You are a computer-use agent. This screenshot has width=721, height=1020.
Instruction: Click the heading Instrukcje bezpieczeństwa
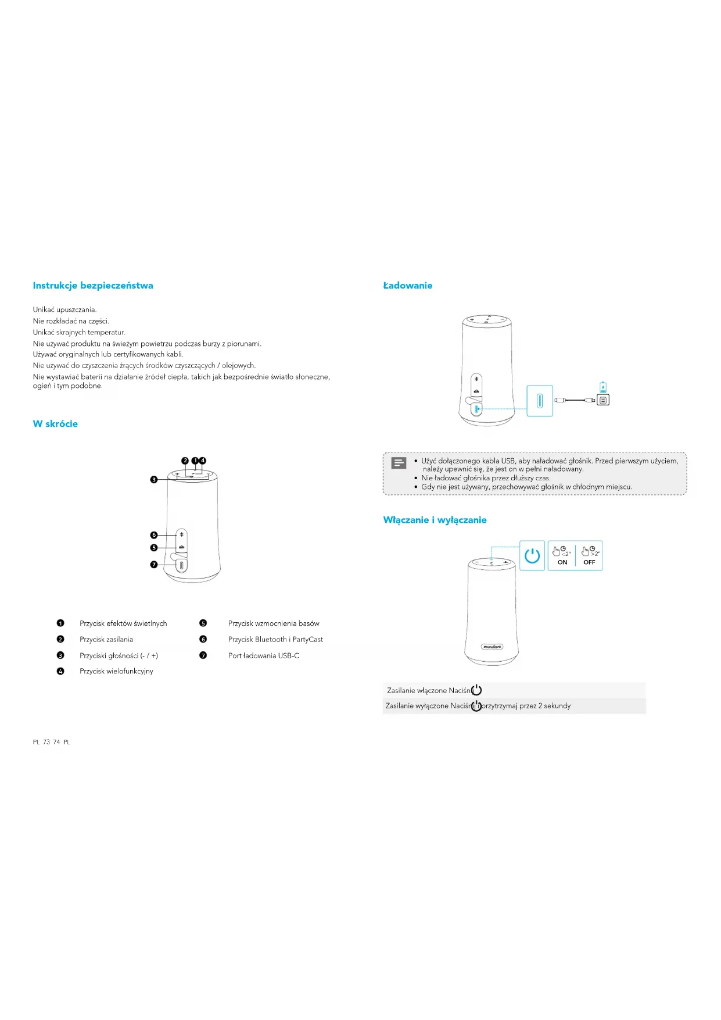(x=93, y=286)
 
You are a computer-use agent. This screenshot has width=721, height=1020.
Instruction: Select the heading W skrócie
(x=55, y=424)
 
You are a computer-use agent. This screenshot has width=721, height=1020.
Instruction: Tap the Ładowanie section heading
(x=407, y=286)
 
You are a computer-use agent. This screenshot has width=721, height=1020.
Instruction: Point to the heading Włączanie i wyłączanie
(x=435, y=520)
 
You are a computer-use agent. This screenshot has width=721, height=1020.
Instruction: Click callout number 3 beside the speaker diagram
(x=154, y=480)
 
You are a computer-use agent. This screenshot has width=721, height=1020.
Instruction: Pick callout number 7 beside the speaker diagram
(x=154, y=565)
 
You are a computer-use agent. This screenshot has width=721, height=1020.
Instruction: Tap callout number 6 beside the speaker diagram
(x=154, y=535)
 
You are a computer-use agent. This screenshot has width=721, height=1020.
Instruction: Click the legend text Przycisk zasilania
(x=106, y=640)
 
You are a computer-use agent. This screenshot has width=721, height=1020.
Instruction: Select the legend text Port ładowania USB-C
(x=264, y=656)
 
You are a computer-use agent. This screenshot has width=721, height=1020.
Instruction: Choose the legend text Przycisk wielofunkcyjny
(x=116, y=672)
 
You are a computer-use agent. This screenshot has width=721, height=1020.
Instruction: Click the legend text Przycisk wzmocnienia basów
(x=274, y=624)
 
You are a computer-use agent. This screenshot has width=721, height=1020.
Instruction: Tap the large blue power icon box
(x=532, y=556)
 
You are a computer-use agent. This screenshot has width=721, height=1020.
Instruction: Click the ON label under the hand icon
(x=562, y=562)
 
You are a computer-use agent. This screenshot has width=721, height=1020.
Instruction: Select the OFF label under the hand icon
(x=589, y=562)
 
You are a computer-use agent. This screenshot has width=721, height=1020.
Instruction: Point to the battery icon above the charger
(x=603, y=387)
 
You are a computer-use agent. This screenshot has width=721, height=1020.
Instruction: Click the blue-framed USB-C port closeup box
(x=540, y=401)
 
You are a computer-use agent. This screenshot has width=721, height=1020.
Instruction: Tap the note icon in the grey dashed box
(x=399, y=463)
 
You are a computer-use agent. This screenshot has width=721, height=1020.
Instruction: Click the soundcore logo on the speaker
(x=492, y=647)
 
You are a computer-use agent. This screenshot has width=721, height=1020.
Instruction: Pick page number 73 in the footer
(x=46, y=742)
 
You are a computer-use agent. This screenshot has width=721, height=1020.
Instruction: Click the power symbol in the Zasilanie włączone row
(x=476, y=690)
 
